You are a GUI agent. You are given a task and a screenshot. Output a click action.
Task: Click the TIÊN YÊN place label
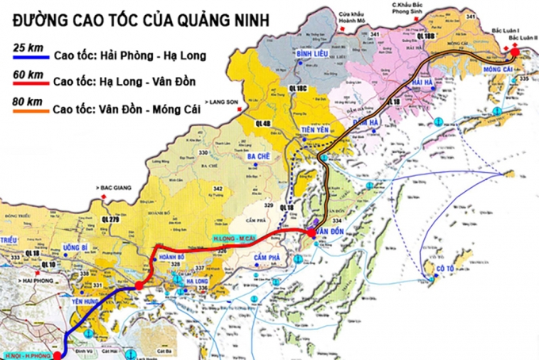(x=314, y=131)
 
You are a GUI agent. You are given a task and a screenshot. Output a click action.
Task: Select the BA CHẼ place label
(x=259, y=157)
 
